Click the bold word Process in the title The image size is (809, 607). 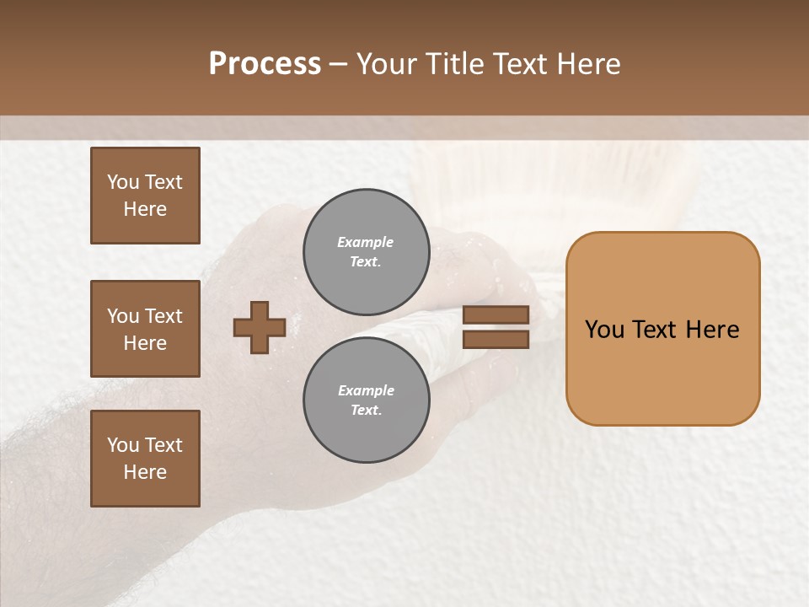click(265, 63)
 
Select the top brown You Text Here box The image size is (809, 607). click(145, 196)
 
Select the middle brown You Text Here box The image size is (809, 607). click(145, 329)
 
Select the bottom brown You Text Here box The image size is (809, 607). click(145, 458)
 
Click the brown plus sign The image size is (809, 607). click(260, 327)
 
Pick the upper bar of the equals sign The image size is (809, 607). click(496, 314)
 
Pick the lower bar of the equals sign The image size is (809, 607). click(496, 339)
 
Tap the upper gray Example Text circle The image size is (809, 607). click(366, 252)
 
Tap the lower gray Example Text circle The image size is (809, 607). click(366, 400)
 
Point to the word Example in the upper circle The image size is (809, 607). click(365, 242)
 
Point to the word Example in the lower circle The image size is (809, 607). click(366, 390)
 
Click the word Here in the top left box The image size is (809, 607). click(145, 209)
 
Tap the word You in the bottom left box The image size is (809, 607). click(123, 444)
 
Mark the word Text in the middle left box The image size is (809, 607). click(163, 316)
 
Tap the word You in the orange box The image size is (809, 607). click(604, 329)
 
